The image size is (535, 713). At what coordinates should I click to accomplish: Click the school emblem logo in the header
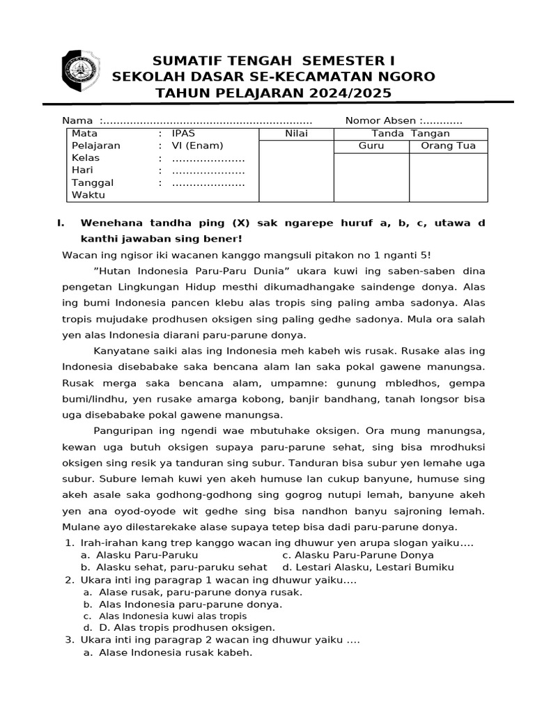coord(82,73)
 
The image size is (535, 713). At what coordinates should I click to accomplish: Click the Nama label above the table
coord(77,120)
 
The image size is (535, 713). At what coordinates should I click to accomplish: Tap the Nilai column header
coord(296,134)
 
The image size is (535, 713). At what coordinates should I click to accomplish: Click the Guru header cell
coord(371,146)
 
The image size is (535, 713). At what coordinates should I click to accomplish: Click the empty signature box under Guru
coord(371,177)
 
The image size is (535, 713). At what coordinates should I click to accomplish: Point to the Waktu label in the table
coord(88,195)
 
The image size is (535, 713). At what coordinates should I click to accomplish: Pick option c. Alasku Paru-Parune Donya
coord(358,555)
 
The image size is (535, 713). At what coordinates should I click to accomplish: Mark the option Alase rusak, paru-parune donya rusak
coord(200,592)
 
